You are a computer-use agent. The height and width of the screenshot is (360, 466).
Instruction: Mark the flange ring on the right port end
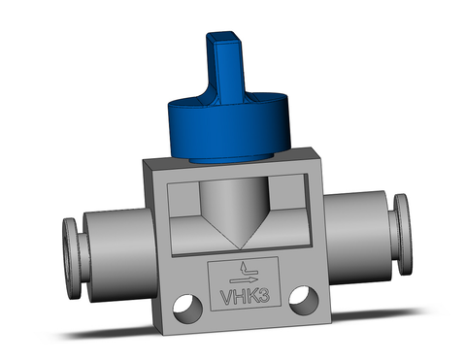[x=400, y=224]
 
